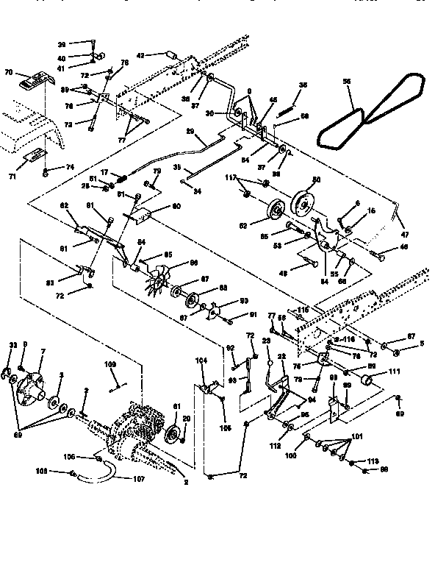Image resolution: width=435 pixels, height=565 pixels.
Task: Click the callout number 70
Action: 9,73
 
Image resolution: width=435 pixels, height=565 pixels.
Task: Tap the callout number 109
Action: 110,364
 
